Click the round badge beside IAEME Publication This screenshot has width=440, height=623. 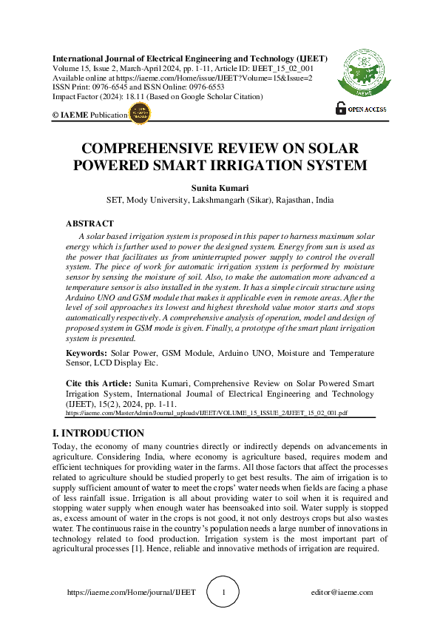tap(139, 114)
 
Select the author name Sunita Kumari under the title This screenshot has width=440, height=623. tap(220, 187)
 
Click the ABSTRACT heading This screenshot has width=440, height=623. tap(89, 223)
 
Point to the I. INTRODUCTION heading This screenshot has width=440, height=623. tap(98, 433)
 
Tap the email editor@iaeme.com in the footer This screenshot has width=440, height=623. tap(342, 593)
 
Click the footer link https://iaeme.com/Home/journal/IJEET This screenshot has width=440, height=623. tap(131, 593)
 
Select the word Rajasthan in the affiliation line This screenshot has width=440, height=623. tap(292, 200)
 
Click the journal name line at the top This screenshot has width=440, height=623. tap(190, 58)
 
